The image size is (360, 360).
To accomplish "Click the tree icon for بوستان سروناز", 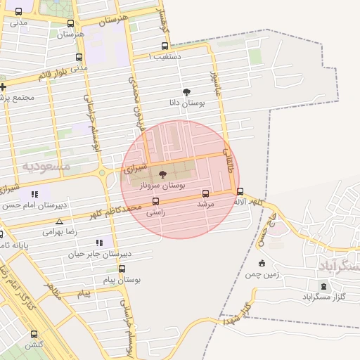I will [x=163, y=174].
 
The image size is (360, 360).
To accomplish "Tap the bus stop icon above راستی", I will [x=155, y=200].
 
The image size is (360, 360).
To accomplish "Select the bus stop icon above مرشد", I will [x=205, y=193].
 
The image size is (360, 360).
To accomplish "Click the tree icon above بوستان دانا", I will [x=186, y=92].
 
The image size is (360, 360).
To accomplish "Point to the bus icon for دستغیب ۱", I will [x=165, y=46].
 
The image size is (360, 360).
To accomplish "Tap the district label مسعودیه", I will [x=46, y=167].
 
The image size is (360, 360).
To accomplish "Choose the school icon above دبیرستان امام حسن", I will [x=34, y=194].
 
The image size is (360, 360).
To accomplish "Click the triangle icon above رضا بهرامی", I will [x=59, y=221].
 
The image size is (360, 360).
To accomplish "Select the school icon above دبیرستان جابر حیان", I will [x=99, y=243].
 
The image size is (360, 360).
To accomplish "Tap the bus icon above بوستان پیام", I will [x=122, y=269].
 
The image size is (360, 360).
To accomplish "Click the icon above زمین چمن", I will [x=262, y=264].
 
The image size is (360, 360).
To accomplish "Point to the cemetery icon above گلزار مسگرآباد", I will [x=323, y=286].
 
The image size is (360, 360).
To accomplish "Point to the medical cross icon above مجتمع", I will [x=3, y=87].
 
